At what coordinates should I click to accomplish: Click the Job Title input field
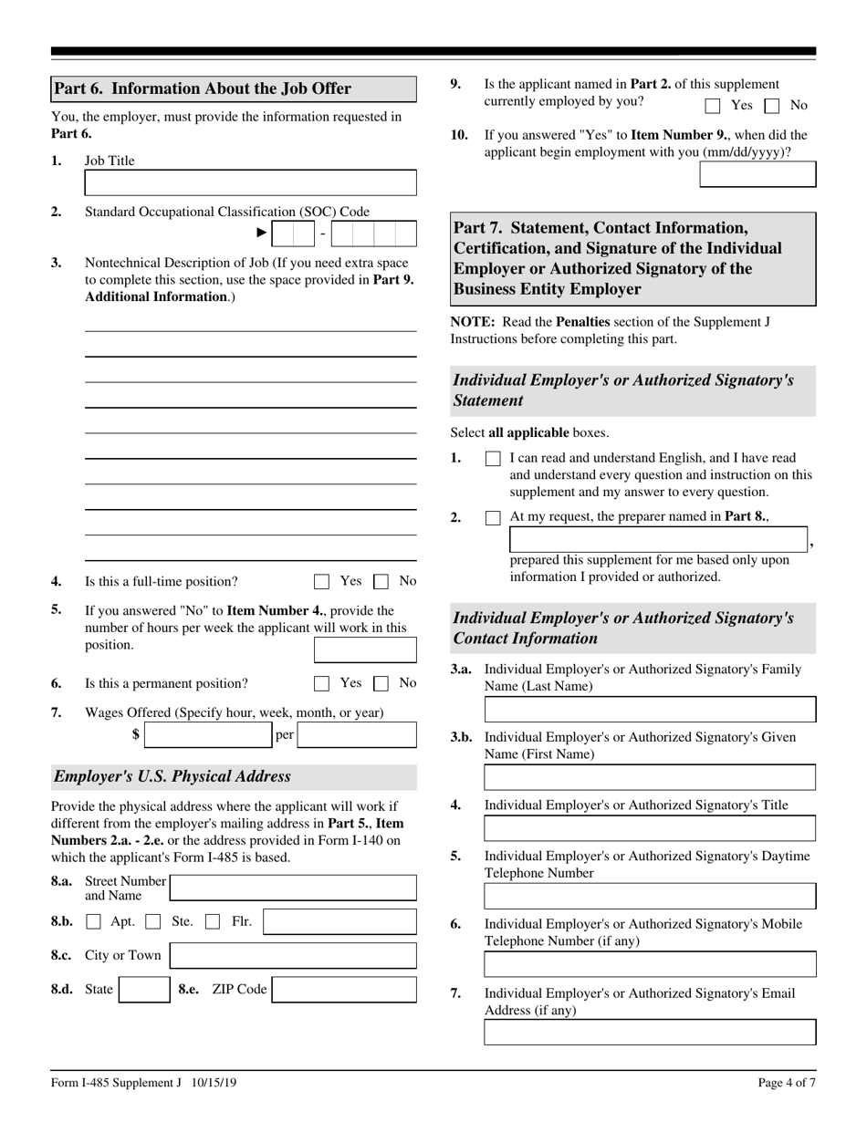(250, 182)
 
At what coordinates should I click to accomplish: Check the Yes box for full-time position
(321, 581)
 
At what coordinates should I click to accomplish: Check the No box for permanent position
(381, 683)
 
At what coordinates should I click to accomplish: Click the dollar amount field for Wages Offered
(209, 735)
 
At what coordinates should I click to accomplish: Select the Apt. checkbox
(93, 922)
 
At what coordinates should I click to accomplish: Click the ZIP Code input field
(345, 990)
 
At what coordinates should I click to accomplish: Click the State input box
(143, 990)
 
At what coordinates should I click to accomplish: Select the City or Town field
(293, 956)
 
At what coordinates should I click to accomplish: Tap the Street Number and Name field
(293, 888)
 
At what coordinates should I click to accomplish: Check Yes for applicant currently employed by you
(714, 106)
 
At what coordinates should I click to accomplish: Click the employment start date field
(757, 174)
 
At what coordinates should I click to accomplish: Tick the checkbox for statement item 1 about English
(493, 459)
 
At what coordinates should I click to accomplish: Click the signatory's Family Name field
(650, 710)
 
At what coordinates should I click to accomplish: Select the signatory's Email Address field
(650, 1033)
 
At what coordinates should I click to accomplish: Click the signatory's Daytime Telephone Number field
(650, 897)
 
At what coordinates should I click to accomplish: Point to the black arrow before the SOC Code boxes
(262, 234)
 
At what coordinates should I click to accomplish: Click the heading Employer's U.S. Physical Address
(173, 777)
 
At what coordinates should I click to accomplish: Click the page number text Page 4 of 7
(787, 1083)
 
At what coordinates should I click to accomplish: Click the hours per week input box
(365, 649)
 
